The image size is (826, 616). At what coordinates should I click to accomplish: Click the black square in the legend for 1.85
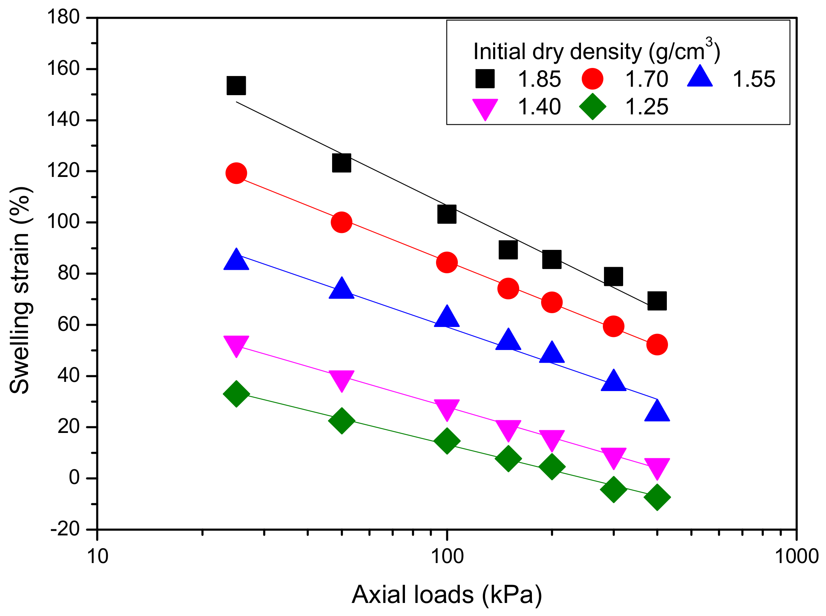(485, 79)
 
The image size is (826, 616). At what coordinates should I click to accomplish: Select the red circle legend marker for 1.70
(592, 79)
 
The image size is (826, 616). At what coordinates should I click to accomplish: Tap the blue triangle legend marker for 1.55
(700, 77)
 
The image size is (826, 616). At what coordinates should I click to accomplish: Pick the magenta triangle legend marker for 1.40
(485, 108)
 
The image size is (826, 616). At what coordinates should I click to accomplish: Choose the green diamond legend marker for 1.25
(592, 106)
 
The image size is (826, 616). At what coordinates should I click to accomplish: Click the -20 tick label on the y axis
(65, 529)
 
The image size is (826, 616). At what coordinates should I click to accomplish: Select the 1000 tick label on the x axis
(797, 556)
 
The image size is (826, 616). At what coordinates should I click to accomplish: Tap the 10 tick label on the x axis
(98, 556)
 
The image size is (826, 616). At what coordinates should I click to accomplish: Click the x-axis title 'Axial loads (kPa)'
(447, 595)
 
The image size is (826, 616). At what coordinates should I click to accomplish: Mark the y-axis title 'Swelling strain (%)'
(20, 291)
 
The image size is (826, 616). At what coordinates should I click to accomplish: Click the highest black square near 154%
(236, 85)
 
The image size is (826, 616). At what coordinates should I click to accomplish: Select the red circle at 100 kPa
(447, 263)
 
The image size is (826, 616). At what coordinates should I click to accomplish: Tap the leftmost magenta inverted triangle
(236, 345)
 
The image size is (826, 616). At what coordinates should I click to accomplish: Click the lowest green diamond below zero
(657, 497)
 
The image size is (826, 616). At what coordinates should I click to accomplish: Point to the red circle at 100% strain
(341, 222)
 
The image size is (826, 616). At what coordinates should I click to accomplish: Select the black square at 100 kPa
(447, 214)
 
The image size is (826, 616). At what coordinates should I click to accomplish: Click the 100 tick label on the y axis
(63, 222)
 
